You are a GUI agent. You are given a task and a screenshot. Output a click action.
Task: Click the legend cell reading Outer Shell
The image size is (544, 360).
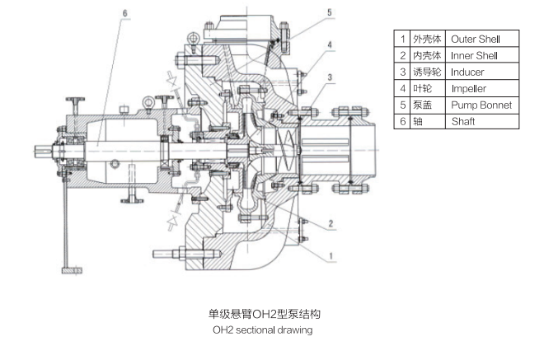tap(476, 40)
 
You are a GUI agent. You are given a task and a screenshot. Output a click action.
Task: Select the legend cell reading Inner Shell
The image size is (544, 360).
tap(474, 55)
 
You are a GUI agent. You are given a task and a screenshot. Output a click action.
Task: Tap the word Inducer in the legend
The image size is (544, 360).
tap(467, 72)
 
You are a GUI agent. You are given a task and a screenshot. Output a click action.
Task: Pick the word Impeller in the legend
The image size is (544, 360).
tap(469, 88)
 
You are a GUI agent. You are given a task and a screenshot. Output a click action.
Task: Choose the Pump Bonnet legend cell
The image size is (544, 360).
tap(481, 105)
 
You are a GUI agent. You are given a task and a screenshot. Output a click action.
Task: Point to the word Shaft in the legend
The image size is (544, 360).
tap(463, 121)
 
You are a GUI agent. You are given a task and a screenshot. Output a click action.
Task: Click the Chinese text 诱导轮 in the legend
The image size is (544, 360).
tap(427, 72)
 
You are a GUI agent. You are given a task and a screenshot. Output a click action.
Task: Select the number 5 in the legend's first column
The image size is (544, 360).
tap(402, 105)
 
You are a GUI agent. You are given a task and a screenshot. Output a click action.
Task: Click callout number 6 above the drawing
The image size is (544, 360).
tap(125, 13)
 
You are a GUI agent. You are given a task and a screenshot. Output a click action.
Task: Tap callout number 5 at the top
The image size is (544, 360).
tap(330, 12)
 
